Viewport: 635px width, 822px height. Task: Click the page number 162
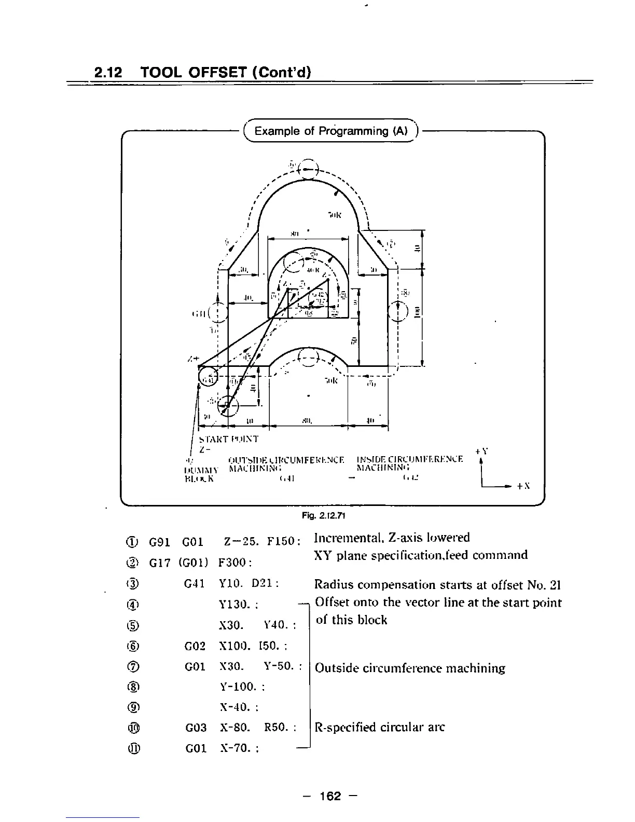(330, 796)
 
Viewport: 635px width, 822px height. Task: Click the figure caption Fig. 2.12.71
(324, 516)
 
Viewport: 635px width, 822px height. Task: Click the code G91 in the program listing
(159, 543)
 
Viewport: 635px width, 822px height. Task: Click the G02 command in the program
(196, 647)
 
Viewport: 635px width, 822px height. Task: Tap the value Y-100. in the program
(241, 687)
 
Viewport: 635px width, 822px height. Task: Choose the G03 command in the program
(196, 728)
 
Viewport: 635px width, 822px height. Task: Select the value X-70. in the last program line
(237, 748)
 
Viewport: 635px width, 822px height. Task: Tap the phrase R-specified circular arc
(380, 727)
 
